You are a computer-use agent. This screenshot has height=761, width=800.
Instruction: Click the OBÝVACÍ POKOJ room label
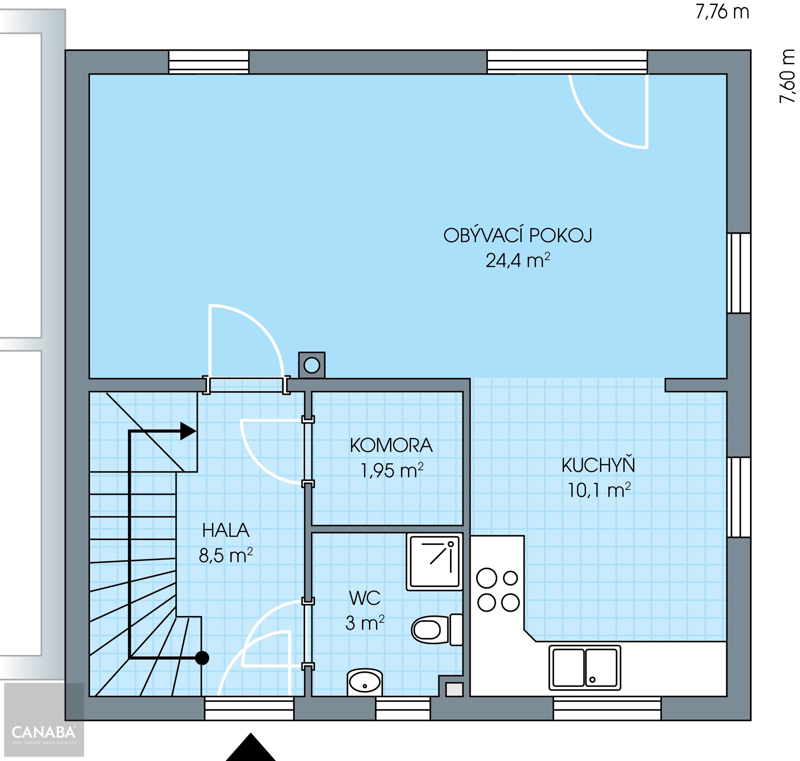click(518, 236)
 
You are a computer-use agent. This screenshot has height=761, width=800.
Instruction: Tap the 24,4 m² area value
click(518, 260)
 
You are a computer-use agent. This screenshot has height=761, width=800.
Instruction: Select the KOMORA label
click(391, 445)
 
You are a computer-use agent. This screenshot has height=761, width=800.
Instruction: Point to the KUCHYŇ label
click(598, 465)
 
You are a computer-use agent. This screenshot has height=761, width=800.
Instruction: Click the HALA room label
click(226, 530)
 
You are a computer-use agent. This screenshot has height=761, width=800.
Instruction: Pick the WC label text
click(365, 598)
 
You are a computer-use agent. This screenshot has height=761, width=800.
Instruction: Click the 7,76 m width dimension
click(722, 12)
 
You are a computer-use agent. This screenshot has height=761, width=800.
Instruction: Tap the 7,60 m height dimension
click(787, 76)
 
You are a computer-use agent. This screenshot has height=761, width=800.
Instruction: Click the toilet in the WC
click(437, 629)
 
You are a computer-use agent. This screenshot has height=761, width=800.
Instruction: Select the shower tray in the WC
click(435, 562)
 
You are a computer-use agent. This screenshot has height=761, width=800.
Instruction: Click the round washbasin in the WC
click(365, 682)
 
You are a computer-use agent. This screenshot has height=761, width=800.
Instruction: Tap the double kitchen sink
click(585, 668)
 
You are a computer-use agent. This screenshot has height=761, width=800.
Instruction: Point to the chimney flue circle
click(312, 366)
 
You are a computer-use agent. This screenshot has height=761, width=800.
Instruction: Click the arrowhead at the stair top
click(188, 431)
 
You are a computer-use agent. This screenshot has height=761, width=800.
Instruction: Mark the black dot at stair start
click(202, 658)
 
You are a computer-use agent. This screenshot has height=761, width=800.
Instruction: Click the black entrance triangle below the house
click(251, 748)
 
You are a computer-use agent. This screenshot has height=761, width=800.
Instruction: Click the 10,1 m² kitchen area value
click(599, 490)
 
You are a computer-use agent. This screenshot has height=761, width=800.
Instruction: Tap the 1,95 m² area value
click(392, 470)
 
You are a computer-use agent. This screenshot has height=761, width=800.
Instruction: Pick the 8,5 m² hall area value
click(226, 555)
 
